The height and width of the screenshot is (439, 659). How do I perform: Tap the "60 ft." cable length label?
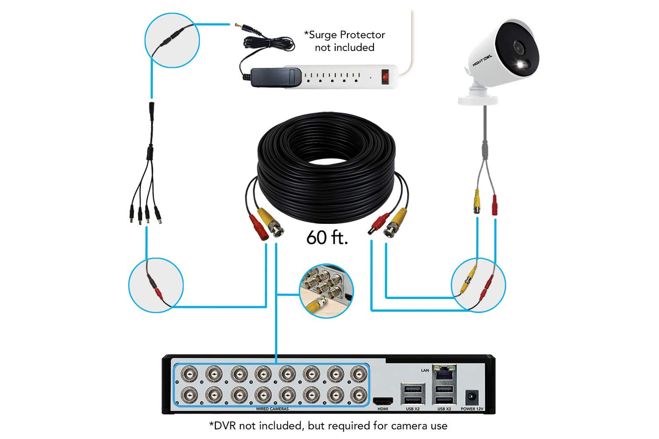click(x=327, y=238)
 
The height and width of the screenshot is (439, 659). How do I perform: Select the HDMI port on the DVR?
click(x=383, y=401)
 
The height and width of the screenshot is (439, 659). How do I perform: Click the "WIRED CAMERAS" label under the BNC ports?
click(x=272, y=409)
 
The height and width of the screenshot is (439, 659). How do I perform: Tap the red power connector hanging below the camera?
click(x=494, y=205)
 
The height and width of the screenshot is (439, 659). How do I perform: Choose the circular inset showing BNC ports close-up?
click(x=326, y=290)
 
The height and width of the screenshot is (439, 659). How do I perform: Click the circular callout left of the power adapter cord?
click(x=172, y=40)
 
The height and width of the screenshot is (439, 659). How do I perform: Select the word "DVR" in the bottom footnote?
click(x=224, y=426)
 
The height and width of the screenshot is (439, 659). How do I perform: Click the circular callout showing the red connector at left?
click(x=156, y=285)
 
